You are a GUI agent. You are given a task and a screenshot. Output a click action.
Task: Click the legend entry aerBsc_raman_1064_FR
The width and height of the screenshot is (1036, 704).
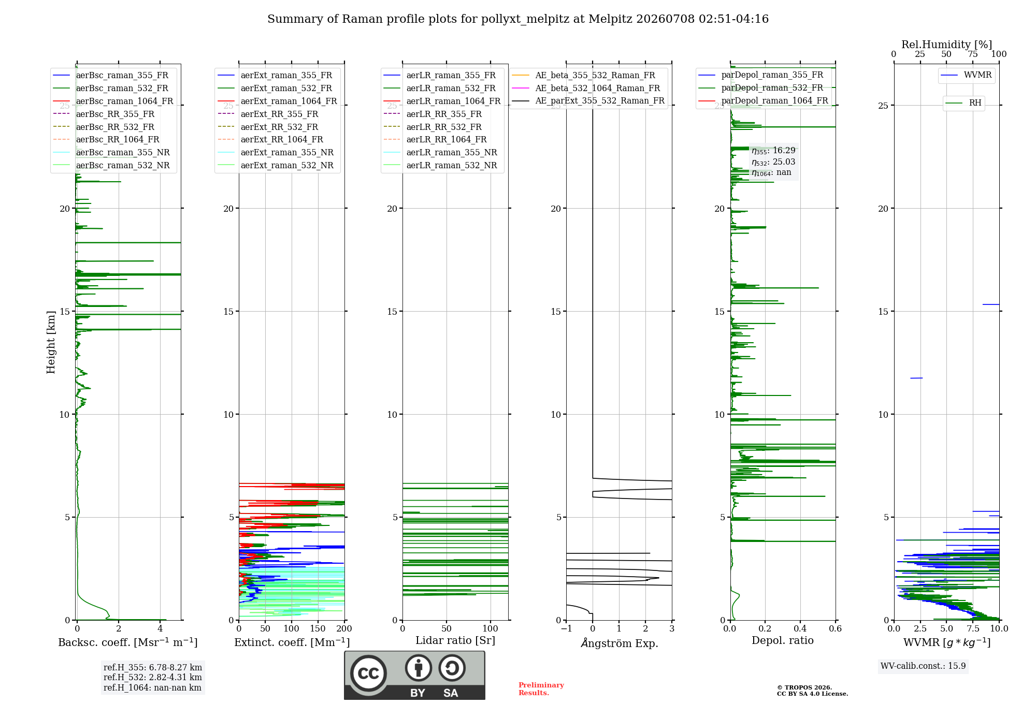pos(113,101)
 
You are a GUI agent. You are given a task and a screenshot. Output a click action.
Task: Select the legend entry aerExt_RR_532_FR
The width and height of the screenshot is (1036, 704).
pos(268,127)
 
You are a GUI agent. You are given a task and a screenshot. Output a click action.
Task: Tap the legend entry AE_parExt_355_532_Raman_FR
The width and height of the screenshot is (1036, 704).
pos(588,100)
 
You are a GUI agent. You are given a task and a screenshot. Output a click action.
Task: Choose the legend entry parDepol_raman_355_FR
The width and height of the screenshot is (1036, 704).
pos(761,75)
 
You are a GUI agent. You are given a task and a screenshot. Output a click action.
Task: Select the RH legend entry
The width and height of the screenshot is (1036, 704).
pos(963,103)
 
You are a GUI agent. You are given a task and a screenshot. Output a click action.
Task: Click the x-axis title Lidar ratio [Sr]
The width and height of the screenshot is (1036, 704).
pos(455,640)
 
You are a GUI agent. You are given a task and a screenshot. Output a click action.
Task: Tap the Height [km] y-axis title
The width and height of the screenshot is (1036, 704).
pos(51,342)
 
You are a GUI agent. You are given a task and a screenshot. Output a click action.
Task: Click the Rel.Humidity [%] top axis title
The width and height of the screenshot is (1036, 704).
pos(946,45)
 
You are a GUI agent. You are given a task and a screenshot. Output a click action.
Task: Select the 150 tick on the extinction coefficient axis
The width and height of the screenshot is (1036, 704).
pos(318,628)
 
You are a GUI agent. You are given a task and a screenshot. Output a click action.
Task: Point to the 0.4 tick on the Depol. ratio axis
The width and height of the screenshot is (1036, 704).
pos(800,628)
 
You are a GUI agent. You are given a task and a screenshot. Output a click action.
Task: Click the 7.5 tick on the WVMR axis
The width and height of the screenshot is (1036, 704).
pos(973,628)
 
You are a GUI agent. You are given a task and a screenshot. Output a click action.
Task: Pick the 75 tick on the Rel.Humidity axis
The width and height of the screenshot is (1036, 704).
pos(973,54)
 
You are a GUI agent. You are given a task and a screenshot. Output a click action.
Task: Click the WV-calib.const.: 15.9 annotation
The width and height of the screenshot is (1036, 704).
pos(923,666)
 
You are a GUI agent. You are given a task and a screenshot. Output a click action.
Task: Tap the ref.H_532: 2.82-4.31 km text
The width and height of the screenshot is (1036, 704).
pos(152,677)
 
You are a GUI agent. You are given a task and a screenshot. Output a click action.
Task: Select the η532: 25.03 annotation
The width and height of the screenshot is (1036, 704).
pos(773,162)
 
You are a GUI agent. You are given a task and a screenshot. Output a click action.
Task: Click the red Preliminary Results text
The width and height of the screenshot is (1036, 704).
pos(541,689)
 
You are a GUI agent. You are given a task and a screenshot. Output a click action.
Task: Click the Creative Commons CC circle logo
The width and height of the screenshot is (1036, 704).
pos(368,673)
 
